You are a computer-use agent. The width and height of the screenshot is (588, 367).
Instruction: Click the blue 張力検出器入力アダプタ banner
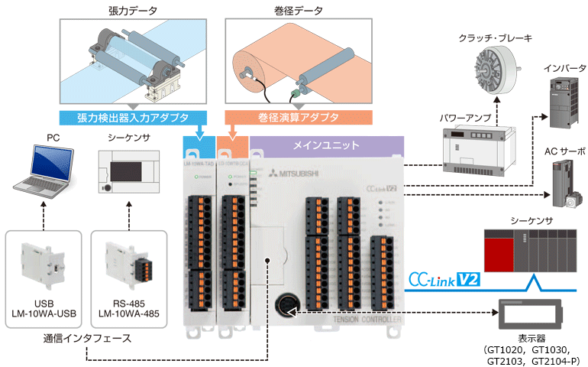(130, 119)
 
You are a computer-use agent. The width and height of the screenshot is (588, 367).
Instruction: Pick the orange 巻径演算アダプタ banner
(299, 119)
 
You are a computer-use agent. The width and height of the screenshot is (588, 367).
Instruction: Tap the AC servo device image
(566, 186)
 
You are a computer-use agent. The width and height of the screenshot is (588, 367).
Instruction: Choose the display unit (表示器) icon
(530, 314)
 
